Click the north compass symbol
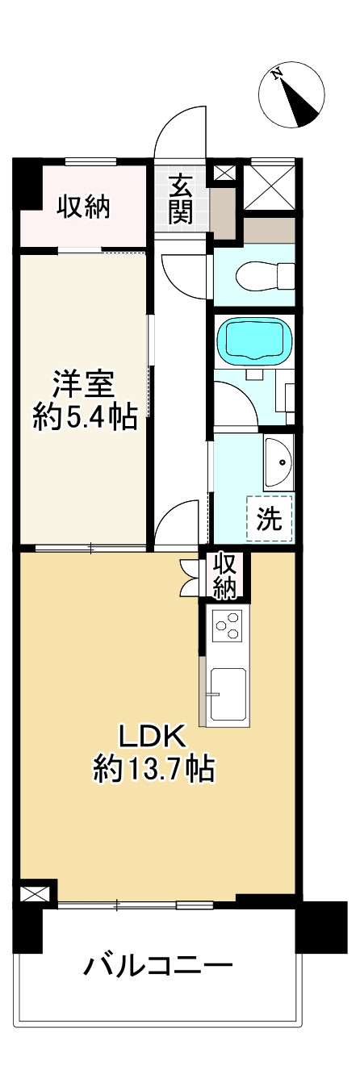(x=291, y=95)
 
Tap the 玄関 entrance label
(x=181, y=199)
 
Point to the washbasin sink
(x=278, y=463)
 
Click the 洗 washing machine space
(x=270, y=518)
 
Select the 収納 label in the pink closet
(x=84, y=208)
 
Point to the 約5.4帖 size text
(x=85, y=417)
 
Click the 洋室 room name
(x=85, y=385)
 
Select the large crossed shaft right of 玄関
(x=269, y=186)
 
